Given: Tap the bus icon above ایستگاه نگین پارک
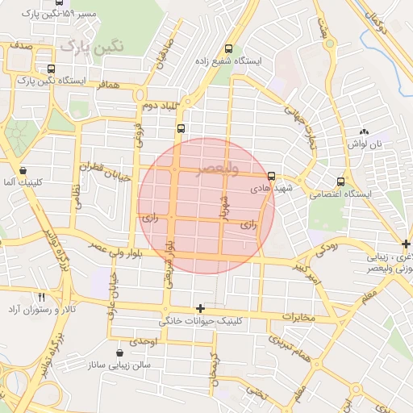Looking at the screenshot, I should pyautogui.click(x=52, y=69).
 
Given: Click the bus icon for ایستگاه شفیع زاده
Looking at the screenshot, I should pyautogui.click(x=229, y=48).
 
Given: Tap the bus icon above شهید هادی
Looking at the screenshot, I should pyautogui.click(x=270, y=175).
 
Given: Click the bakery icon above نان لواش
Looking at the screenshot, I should pyautogui.click(x=364, y=131).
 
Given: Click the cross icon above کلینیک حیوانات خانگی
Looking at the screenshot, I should pyautogui.click(x=200, y=309).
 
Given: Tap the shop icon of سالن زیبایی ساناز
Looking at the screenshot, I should pyautogui.click(x=120, y=353).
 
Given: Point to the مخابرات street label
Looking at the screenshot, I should pyautogui.click(x=301, y=316).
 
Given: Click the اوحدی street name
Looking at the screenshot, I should pyautogui.click(x=148, y=342).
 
